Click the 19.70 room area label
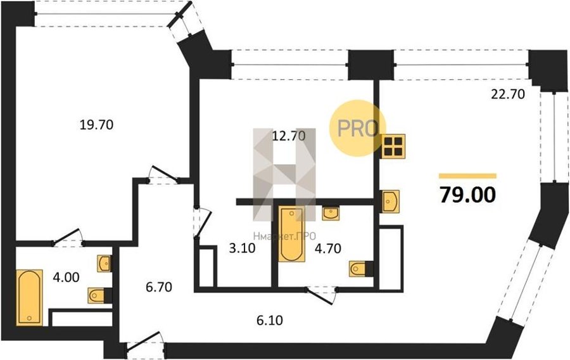click(96, 125)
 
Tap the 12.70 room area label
click(289, 136)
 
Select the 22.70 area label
click(508, 94)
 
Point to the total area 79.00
click(467, 195)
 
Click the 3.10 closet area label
click(243, 248)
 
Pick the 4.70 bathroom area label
click(328, 248)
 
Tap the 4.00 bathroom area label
click(66, 278)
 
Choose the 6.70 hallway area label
click(159, 287)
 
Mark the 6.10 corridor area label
click(270, 320)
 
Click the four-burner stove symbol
click(393, 146)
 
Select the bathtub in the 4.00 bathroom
click(29, 297)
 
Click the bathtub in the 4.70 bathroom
click(291, 234)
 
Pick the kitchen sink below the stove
click(390, 201)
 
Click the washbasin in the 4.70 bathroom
click(331, 214)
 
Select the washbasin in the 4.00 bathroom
click(104, 263)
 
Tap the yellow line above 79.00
click(467, 176)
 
